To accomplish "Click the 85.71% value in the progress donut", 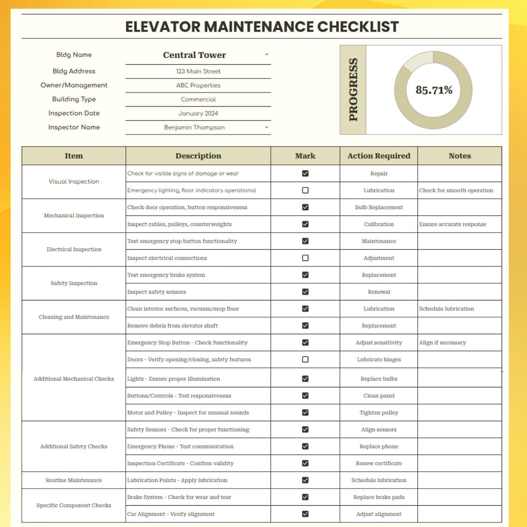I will tap(434, 90).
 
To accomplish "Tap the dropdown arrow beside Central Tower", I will tap(267, 55).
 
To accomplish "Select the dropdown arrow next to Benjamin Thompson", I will tap(267, 128).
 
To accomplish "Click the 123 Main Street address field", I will tap(198, 71).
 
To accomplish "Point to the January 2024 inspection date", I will tap(198, 113).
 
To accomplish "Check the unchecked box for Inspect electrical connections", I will tap(305, 258).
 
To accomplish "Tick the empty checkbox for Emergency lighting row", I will tap(305, 190).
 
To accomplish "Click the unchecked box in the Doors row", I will tap(305, 360).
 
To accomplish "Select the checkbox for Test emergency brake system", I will tap(305, 275).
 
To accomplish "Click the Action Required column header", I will tap(379, 156).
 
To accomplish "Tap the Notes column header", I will tap(460, 156).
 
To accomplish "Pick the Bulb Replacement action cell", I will tap(379, 208).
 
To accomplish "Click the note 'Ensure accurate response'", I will tap(453, 224).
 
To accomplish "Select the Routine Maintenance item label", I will tap(74, 480).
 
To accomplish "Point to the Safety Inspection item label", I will tap(74, 283).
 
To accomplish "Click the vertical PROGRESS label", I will tap(353, 90).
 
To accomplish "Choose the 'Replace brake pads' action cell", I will tap(379, 497).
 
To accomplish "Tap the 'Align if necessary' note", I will tap(442, 343).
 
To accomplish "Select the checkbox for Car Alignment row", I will tap(305, 514).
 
